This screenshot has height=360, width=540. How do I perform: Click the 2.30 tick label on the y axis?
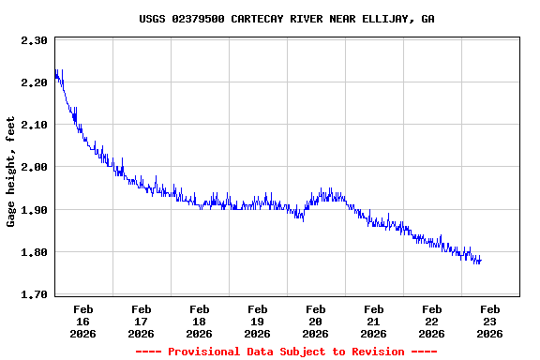[x=34, y=40]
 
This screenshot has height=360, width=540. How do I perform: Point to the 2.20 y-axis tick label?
[x=34, y=82]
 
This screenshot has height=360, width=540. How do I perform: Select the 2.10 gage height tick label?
[x=34, y=125]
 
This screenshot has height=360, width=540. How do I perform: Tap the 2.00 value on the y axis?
[x=34, y=167]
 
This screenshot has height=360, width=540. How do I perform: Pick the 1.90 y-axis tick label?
[x=34, y=209]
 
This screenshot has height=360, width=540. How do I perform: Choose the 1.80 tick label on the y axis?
[x=34, y=252]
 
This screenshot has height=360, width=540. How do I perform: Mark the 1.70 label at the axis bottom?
[x=34, y=294]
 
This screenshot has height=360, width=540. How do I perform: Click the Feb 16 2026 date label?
[x=82, y=321]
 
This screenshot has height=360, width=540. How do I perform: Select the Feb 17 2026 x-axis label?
[x=141, y=321]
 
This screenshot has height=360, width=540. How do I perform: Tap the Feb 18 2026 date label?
[x=199, y=321]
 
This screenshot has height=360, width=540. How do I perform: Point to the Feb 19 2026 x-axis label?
[x=257, y=321]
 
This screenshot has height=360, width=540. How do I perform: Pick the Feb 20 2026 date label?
[x=315, y=321]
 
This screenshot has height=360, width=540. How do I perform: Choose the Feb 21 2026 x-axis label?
[x=373, y=321]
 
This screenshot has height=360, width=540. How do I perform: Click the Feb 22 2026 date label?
[x=431, y=321]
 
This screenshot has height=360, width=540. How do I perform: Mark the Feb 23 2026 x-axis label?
[x=489, y=321]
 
